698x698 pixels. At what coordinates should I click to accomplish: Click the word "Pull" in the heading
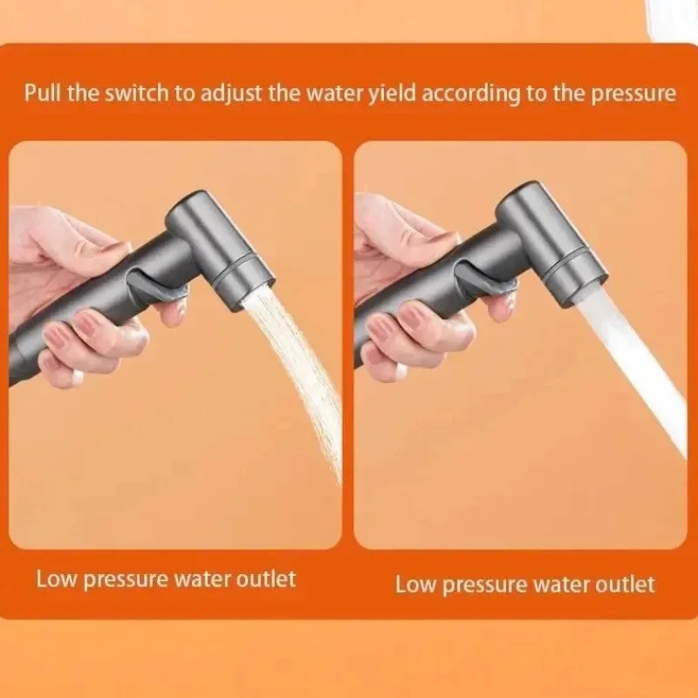pos(43,93)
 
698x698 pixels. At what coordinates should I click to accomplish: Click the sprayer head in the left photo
pos(221,249)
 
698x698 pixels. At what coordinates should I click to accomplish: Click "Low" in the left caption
pos(57,579)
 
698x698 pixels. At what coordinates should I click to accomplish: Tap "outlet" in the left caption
pos(266,579)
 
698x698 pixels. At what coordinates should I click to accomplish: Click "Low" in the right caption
pos(416,585)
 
